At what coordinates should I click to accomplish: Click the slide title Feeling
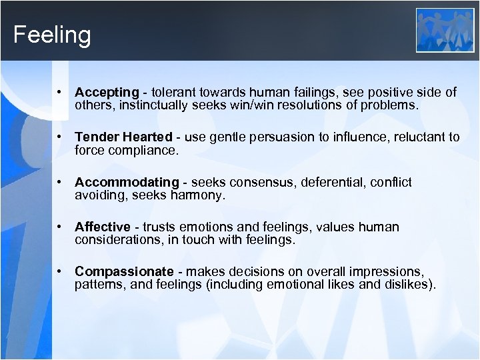(52, 35)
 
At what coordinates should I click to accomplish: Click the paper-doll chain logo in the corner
(445, 30)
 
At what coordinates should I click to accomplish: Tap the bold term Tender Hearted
(123, 137)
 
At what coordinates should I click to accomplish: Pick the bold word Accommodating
(127, 182)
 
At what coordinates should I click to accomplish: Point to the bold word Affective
(103, 227)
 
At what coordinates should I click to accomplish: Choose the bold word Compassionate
(125, 271)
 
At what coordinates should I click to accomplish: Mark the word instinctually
(145, 105)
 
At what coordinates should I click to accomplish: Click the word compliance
(146, 150)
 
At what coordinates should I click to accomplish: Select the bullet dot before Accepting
(60, 92)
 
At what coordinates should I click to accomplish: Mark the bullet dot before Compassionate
(60, 271)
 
